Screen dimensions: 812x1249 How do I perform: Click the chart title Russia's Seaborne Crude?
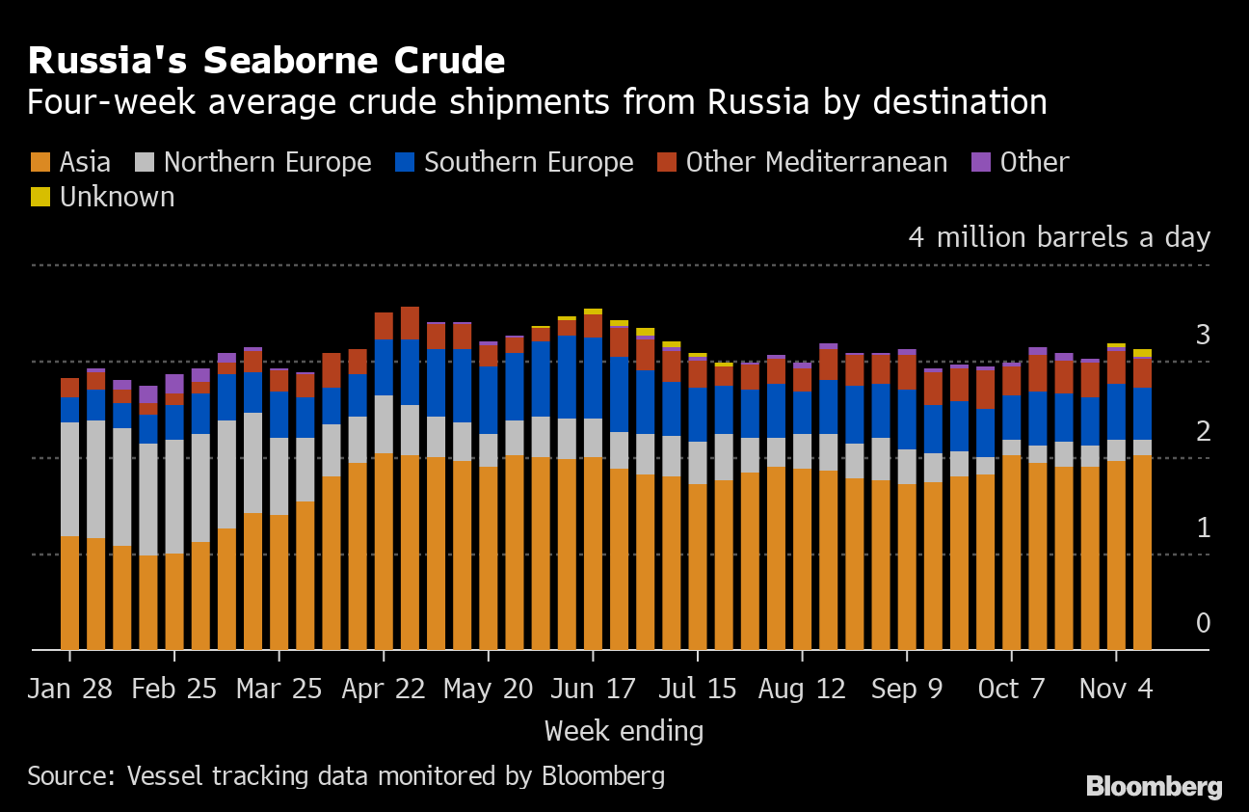point(266,61)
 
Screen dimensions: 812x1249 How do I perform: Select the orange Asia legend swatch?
point(40,162)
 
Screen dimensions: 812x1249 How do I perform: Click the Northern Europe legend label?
point(267,162)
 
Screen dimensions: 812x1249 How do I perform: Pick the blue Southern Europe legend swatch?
point(404,162)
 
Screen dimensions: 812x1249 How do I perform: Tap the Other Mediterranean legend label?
point(816,162)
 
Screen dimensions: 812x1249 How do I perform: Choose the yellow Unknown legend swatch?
point(40,197)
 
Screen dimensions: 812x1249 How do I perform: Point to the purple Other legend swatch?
point(980,162)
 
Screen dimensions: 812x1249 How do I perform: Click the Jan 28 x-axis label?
point(69,689)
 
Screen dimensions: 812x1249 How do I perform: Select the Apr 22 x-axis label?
point(384,689)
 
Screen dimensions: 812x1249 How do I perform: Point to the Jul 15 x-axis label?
point(697,689)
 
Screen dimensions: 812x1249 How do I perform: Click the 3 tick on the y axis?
point(1202,336)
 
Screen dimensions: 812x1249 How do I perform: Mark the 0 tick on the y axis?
point(1202,623)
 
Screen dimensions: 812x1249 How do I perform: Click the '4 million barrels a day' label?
point(1059,237)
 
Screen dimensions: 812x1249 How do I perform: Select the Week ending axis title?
point(624,731)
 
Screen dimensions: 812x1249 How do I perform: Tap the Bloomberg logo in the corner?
point(1154,786)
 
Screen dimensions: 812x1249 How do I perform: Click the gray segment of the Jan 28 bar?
point(69,478)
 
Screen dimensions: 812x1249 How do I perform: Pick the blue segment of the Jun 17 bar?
point(593,377)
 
